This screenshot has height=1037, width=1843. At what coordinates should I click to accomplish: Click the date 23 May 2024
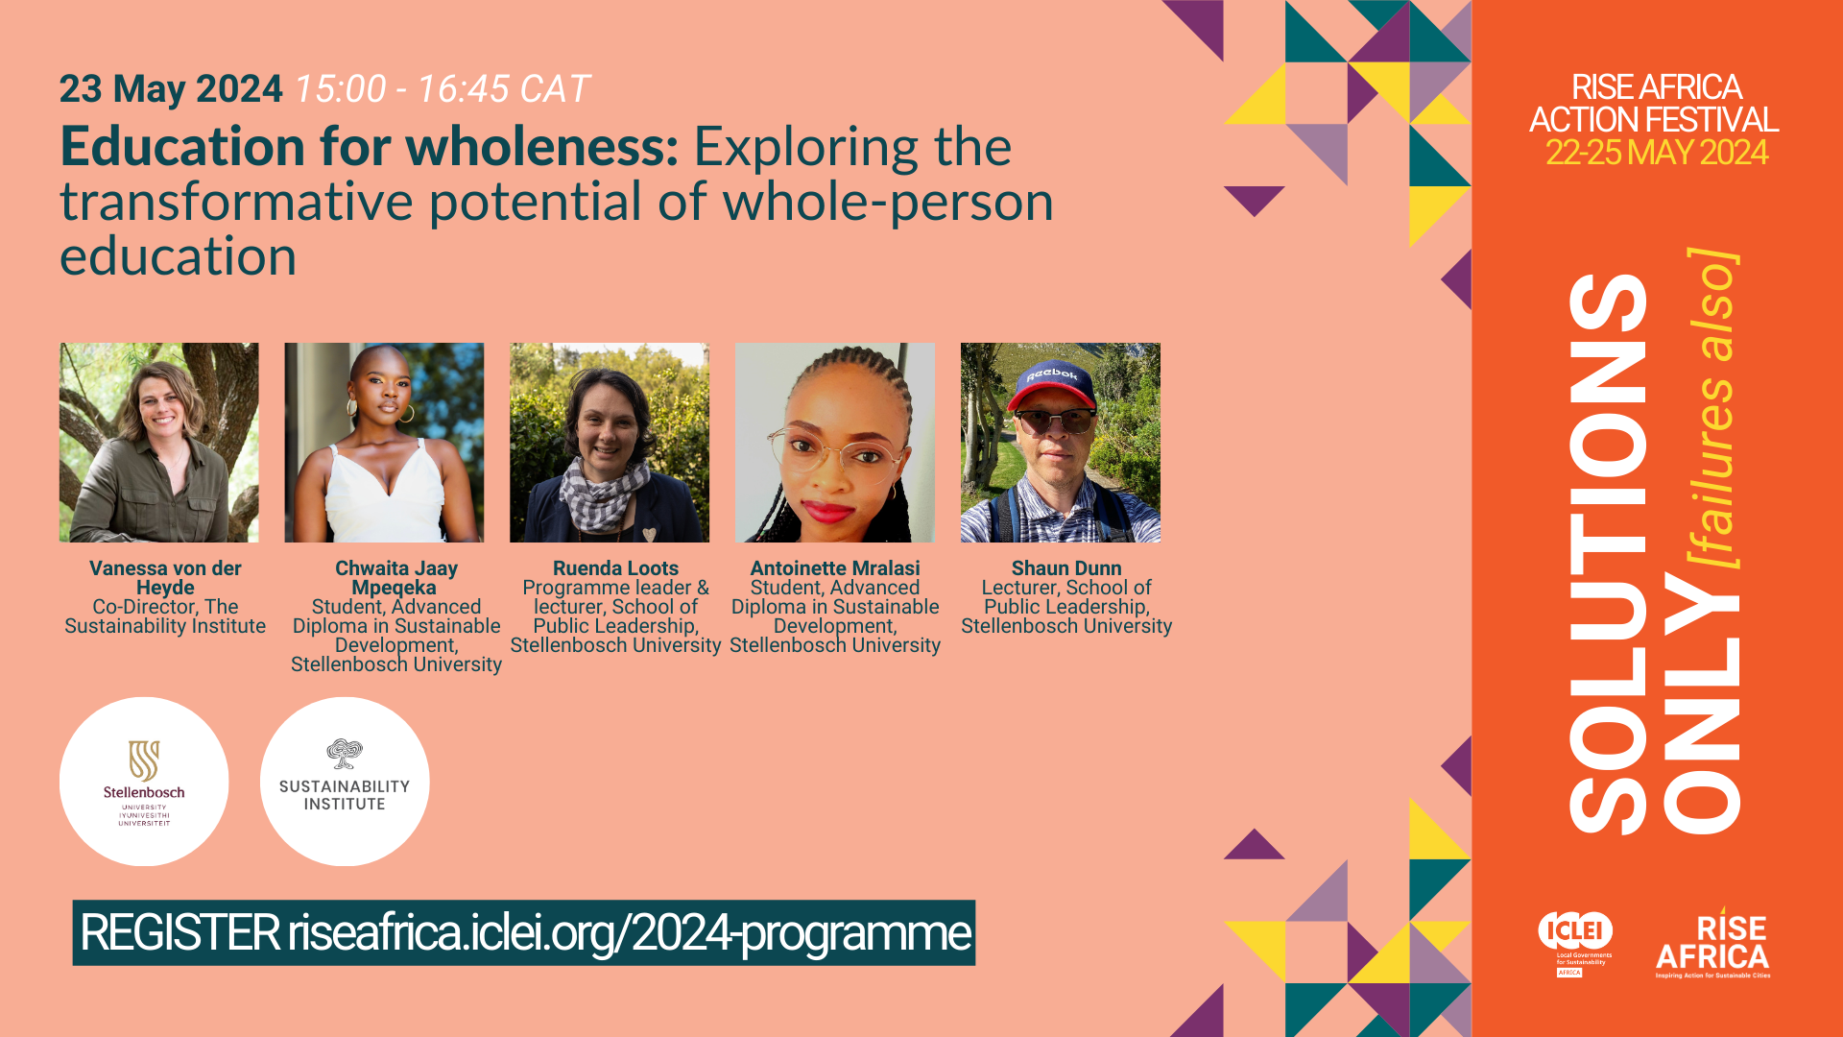click(x=171, y=89)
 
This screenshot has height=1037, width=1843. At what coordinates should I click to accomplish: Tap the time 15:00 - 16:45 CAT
click(x=442, y=89)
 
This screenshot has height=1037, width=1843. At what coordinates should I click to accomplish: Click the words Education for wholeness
click(x=370, y=147)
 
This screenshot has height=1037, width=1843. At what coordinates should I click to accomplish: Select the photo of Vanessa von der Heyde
click(x=159, y=443)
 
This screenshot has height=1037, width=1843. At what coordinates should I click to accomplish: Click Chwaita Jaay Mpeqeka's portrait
click(x=384, y=443)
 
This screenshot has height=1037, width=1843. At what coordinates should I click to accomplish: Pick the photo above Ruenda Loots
click(x=610, y=443)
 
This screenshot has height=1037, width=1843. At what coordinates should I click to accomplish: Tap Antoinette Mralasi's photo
click(x=835, y=443)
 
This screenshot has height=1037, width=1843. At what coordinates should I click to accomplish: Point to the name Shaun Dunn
click(x=1066, y=568)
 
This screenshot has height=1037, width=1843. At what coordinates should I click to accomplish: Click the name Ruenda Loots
click(x=615, y=568)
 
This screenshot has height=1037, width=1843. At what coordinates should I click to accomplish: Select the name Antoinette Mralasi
click(x=835, y=568)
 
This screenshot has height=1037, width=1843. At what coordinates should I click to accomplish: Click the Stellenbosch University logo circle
click(x=144, y=782)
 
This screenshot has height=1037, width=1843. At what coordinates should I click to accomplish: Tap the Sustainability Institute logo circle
click(x=345, y=782)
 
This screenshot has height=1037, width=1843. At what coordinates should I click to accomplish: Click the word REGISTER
click(x=180, y=933)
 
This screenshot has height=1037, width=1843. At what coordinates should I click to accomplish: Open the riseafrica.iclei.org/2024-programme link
click(x=630, y=933)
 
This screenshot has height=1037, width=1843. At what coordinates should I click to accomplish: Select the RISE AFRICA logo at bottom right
click(x=1713, y=944)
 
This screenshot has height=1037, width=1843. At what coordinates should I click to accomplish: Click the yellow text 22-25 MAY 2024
click(x=1657, y=153)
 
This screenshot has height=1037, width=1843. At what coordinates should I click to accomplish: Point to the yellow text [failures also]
click(x=1713, y=409)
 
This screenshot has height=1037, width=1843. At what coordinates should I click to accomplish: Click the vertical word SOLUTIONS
click(x=1609, y=554)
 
